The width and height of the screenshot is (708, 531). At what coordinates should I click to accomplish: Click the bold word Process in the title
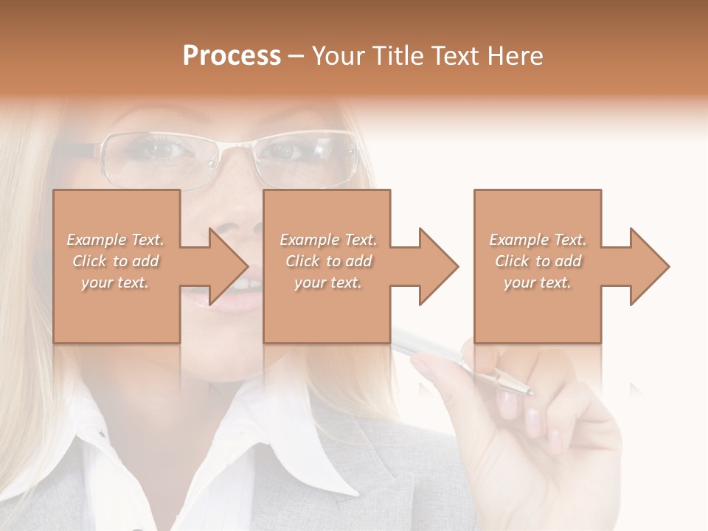click(232, 55)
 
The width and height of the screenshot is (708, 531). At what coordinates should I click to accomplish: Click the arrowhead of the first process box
click(228, 266)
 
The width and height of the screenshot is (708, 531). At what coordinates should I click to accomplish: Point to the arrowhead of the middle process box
click(438, 266)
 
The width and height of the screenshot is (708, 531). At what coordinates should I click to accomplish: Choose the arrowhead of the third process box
click(649, 266)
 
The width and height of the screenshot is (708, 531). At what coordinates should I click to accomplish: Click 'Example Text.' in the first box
click(115, 240)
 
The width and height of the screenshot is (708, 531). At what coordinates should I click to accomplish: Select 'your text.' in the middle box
click(327, 282)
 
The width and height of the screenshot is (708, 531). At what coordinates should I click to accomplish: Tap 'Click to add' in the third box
click(538, 261)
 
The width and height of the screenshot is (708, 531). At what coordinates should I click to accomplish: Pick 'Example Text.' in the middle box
click(327, 240)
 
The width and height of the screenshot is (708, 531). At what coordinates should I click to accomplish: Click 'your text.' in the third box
click(537, 282)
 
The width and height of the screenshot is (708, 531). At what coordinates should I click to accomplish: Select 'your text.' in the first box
click(115, 282)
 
